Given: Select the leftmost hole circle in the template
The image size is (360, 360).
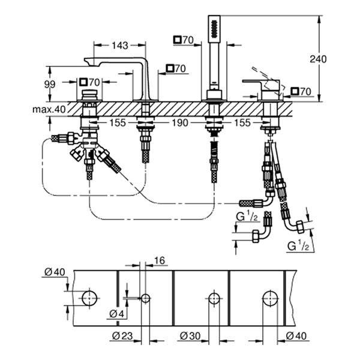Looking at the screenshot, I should coord(89,298).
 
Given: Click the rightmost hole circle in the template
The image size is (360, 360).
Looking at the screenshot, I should coord(270,298).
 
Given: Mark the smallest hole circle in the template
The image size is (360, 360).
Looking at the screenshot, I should coord(145,298).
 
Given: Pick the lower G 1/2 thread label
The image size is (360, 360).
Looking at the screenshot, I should coord(298,245).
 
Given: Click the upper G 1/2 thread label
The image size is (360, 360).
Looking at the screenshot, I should coord(246,216).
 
